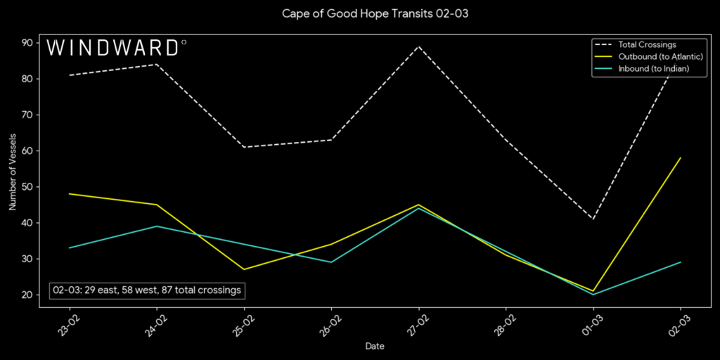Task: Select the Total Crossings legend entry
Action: [x=647, y=45]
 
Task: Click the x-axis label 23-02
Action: [x=65, y=324]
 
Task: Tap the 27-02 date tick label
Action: [x=414, y=324]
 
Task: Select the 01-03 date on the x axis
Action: [x=589, y=324]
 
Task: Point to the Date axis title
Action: [x=375, y=346]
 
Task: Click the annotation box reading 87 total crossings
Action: [x=147, y=290]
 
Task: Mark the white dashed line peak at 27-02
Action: [x=418, y=46]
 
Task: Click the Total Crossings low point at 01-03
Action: [x=593, y=219]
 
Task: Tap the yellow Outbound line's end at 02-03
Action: [x=681, y=157]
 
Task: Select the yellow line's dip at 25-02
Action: [x=244, y=269]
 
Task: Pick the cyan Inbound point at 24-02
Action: [x=156, y=226]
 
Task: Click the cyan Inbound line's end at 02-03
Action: [x=681, y=262]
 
